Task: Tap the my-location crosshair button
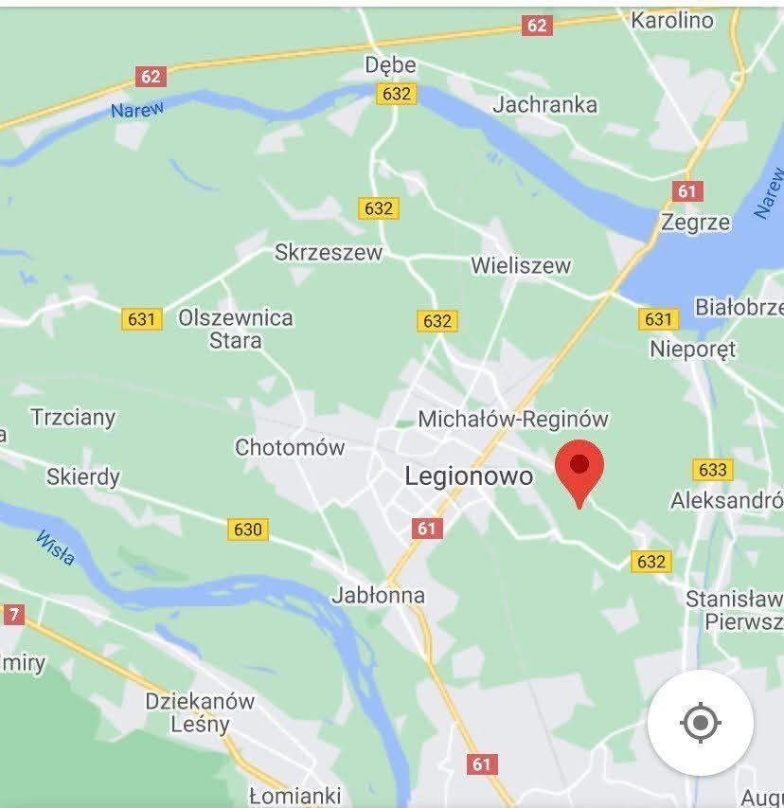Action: [x=700, y=723]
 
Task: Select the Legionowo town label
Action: [x=469, y=476]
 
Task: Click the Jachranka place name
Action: [x=544, y=104]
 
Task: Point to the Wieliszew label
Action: [x=521, y=265]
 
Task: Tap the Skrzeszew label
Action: [x=329, y=252]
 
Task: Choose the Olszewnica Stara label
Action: [x=236, y=329]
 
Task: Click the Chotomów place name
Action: [x=290, y=447]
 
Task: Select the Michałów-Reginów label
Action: [x=513, y=419]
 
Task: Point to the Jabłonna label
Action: [x=378, y=596]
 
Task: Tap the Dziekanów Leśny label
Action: [x=200, y=712]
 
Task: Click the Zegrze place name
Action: [x=696, y=223]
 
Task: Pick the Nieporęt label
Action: [x=692, y=349]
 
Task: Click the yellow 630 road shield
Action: [x=247, y=529]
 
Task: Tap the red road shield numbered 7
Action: [x=12, y=615]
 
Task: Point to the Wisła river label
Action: [x=56, y=548]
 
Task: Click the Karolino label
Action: [x=671, y=20]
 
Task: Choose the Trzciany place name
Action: [x=73, y=417]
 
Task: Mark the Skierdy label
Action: [x=83, y=476]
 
